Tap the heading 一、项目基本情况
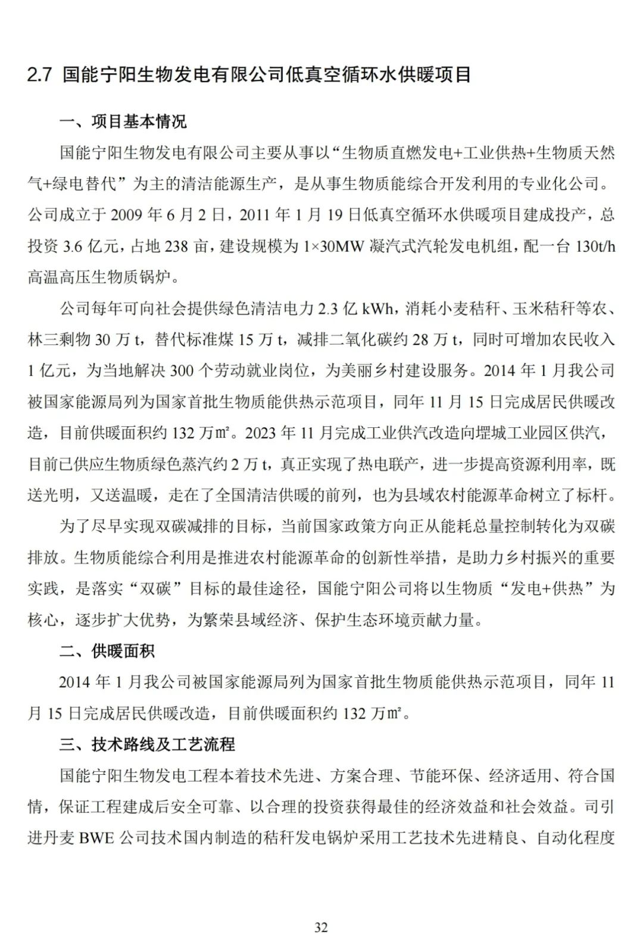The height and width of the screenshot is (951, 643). pos(123,122)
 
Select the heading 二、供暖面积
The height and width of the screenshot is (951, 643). pos(107,651)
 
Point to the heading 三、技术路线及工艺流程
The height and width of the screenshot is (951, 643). pos(147,744)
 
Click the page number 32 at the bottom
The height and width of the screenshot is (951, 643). pos(321,927)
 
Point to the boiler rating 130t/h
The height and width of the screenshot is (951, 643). pos(595,246)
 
